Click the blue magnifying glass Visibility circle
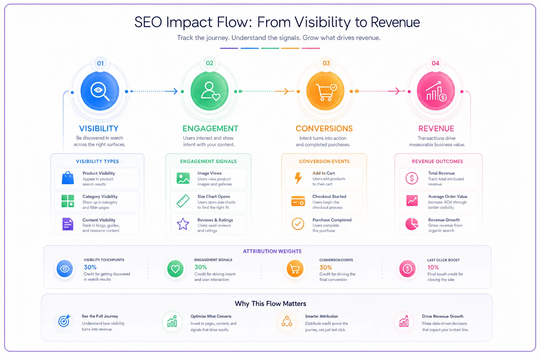point(99,91)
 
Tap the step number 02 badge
point(209,63)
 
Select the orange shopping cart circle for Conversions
point(325,91)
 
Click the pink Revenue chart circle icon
point(436,91)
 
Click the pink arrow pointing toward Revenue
point(381,91)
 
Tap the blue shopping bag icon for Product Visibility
point(68,178)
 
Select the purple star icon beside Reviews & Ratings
point(183,224)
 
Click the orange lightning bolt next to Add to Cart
point(298,178)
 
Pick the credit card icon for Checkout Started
point(298,201)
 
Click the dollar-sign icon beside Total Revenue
point(412,178)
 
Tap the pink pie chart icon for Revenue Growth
point(412,224)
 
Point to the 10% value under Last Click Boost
point(433,268)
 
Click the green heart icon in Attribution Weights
point(175,269)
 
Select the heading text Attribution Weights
point(272,251)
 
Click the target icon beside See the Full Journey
point(64,321)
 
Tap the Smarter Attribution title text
point(321,316)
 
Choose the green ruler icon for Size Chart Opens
point(183,201)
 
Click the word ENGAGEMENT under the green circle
point(210,129)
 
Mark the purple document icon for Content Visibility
point(68,224)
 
